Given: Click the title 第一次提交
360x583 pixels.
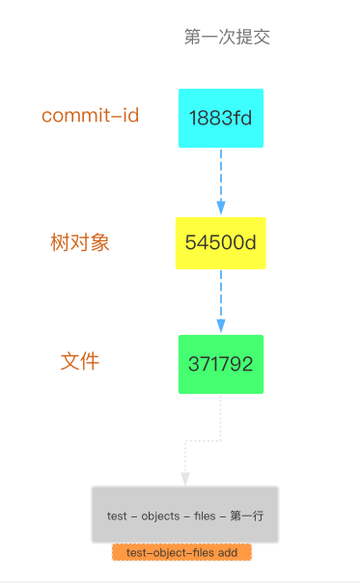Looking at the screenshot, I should tap(227, 37).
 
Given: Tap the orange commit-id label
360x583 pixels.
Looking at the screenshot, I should tap(90, 116).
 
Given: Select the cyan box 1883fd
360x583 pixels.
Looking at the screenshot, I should tap(220, 118).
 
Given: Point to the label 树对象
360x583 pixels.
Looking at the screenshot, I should tap(80, 242).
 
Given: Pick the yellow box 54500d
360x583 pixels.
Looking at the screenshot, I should tap(220, 243).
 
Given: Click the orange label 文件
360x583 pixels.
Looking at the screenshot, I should tap(80, 362).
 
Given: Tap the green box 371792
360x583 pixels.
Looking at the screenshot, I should tap(220, 364).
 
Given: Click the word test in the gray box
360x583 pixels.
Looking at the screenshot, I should tap(116, 516).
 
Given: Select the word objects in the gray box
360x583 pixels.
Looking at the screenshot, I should tap(160, 516).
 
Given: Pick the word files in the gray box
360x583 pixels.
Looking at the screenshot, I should tap(205, 516).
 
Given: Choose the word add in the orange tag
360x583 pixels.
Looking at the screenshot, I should tap(227, 552).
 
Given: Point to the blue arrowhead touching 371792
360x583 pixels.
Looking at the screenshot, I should tap(221, 326).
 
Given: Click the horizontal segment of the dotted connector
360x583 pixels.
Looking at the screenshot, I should tap(203, 441).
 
